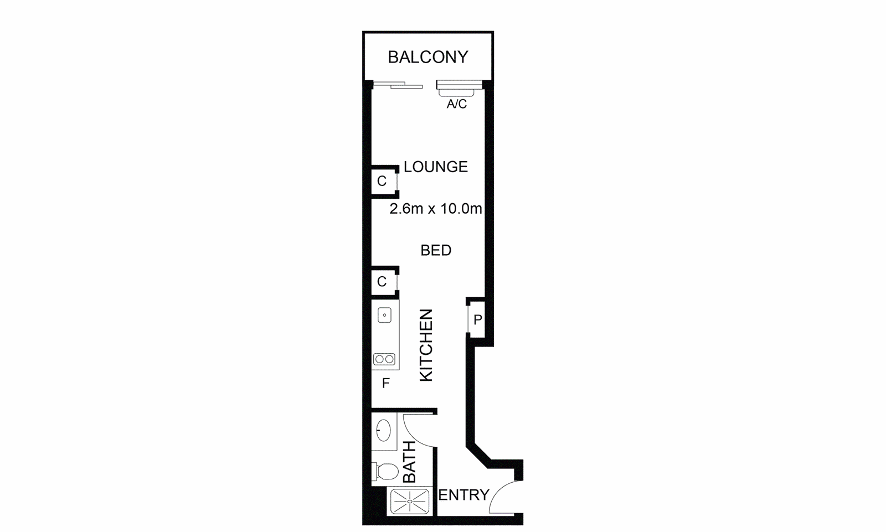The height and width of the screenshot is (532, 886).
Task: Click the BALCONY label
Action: [x=427, y=57]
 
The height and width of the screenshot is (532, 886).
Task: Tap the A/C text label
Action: [x=457, y=104]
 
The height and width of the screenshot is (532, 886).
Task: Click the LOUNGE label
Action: [x=435, y=167]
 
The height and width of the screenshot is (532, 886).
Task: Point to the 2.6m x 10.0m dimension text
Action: [x=435, y=209]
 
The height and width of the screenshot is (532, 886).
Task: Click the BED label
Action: [x=436, y=250]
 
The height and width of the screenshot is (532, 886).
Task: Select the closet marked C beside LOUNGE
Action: [x=382, y=181]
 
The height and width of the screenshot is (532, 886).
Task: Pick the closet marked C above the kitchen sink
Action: [x=382, y=282]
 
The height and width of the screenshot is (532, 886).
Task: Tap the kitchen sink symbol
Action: [x=384, y=316]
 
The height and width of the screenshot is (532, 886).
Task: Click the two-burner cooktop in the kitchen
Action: [x=384, y=359]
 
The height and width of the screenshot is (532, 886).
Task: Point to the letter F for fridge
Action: [x=386, y=383]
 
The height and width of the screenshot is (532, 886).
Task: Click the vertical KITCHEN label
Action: [x=426, y=345]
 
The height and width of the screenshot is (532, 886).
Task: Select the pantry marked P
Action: [x=477, y=319]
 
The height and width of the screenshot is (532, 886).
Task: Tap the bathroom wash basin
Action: [x=383, y=430]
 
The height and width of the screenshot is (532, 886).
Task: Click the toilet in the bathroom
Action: [x=386, y=472]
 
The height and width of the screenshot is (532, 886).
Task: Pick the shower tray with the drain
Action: [x=409, y=502]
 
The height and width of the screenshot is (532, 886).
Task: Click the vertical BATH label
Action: [x=409, y=462]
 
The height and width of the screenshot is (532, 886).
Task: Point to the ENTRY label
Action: [x=463, y=494]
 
